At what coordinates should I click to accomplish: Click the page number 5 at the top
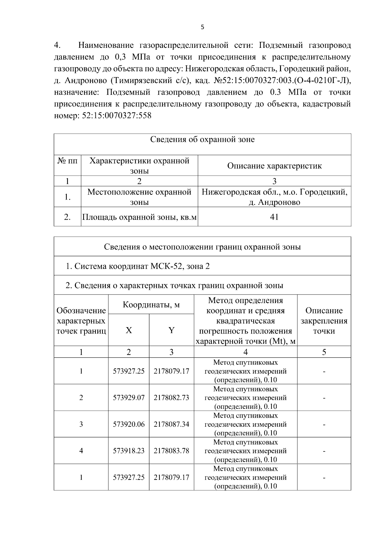[202, 27]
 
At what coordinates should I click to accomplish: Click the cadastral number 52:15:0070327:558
[117, 116]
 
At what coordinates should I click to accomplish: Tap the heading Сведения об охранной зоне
[202, 139]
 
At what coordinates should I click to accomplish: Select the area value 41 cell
[274, 217]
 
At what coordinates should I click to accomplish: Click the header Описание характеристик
[274, 166]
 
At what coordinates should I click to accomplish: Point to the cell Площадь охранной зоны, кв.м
[139, 217]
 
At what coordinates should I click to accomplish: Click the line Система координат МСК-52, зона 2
[138, 266]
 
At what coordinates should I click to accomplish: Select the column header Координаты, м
[151, 305]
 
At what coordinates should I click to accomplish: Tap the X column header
[129, 330]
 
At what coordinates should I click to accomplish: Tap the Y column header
[171, 330]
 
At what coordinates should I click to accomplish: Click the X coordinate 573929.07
[129, 398]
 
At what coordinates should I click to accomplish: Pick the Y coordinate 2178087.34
[171, 424]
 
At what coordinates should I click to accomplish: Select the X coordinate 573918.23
[129, 451]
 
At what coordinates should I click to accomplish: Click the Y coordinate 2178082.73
[171, 398]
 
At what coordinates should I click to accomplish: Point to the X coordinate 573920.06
[129, 424]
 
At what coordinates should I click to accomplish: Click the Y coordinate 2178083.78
[171, 451]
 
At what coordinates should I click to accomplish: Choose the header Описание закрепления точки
[324, 321]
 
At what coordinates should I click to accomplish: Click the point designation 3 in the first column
[81, 424]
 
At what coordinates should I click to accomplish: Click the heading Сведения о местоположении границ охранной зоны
[202, 247]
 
